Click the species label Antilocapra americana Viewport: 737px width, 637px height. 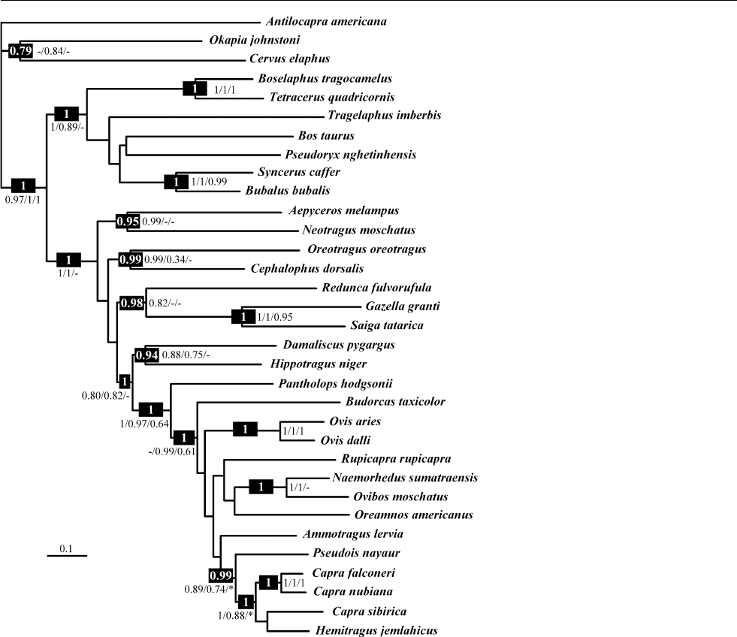point(326,21)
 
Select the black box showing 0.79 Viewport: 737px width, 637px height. point(18,51)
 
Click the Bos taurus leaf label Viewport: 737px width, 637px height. point(325,135)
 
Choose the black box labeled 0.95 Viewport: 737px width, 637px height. point(127,222)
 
